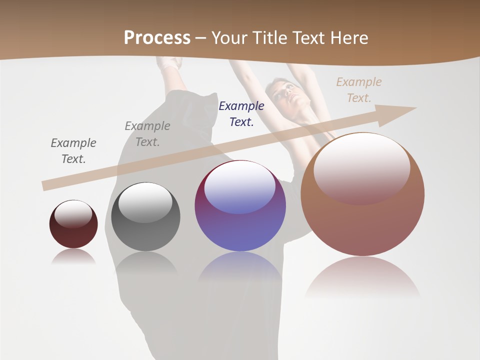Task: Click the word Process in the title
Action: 157,38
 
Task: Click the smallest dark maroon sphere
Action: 73,224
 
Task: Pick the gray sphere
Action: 145,217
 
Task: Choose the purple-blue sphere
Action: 240,206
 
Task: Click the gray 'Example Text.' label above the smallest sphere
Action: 73,151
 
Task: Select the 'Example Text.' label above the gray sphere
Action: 147,134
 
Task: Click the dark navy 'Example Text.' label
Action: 241,113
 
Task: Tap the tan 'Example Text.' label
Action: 359,89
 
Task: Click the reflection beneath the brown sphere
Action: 362,277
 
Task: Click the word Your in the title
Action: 230,38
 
